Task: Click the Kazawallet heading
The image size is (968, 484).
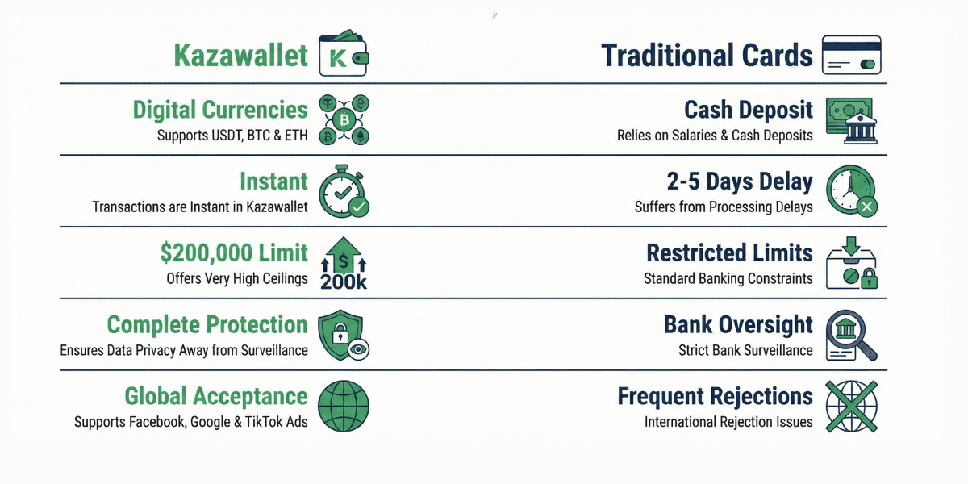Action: (x=241, y=56)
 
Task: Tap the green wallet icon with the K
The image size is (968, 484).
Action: (x=344, y=55)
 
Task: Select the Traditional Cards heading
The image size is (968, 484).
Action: (x=707, y=56)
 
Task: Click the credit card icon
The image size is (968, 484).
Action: (x=852, y=55)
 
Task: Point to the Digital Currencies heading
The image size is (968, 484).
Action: (x=220, y=110)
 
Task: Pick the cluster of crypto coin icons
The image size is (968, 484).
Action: (x=344, y=119)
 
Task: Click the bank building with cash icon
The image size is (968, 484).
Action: (x=852, y=119)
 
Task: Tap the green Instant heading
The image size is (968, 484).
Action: (x=273, y=181)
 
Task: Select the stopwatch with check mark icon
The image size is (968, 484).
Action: (x=344, y=191)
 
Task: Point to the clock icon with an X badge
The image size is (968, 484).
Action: (x=852, y=191)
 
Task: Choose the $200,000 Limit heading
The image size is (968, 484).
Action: (x=234, y=252)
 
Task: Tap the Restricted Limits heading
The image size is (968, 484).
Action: (x=729, y=252)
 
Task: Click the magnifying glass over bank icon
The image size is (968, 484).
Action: (x=852, y=336)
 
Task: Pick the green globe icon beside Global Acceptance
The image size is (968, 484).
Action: (x=344, y=406)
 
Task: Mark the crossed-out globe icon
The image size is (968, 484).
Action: (x=852, y=406)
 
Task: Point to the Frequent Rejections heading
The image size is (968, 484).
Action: (x=715, y=396)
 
